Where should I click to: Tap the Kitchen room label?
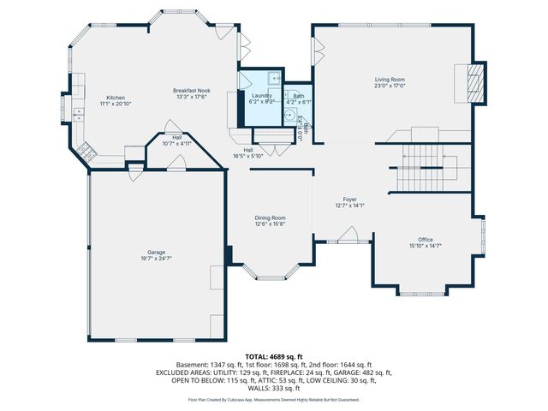pyautogui.click(x=116, y=98)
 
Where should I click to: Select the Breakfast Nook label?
pyautogui.click(x=191, y=91)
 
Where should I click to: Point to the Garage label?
pyautogui.click(x=155, y=252)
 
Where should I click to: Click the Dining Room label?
pyautogui.click(x=270, y=218)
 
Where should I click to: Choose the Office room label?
pyautogui.click(x=425, y=239)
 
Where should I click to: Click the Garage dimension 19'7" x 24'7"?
pyautogui.click(x=155, y=258)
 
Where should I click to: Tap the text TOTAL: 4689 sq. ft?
pyautogui.click(x=274, y=355)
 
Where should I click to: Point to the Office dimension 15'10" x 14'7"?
pyautogui.click(x=425, y=246)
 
